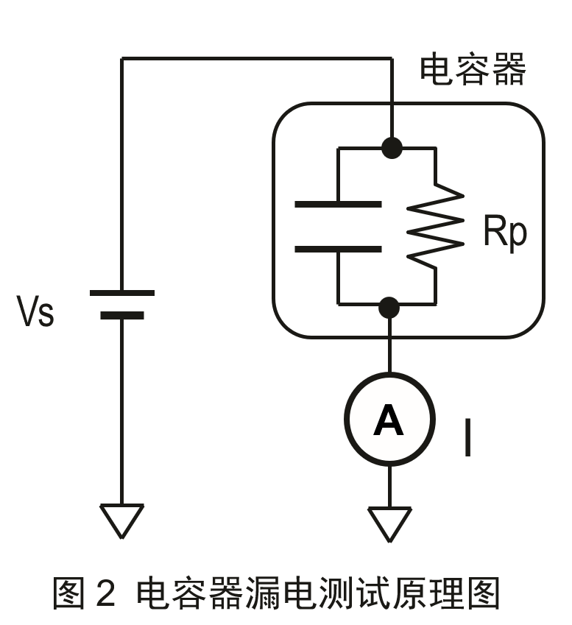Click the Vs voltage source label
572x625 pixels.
pos(35,312)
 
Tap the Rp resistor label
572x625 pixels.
pos(505,233)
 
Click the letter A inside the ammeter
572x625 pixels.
pos(389,420)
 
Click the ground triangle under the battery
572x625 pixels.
pos(122,520)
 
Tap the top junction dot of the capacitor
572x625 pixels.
pos(392,147)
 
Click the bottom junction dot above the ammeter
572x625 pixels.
pos(389,306)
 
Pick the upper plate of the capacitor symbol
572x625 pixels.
pos(338,203)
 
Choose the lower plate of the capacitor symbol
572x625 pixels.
pos(338,249)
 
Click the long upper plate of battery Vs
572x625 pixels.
pos(122,293)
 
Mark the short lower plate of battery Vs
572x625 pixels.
pos(122,316)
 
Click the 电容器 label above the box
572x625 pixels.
pos(473,71)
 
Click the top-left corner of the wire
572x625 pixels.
pos(122,59)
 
